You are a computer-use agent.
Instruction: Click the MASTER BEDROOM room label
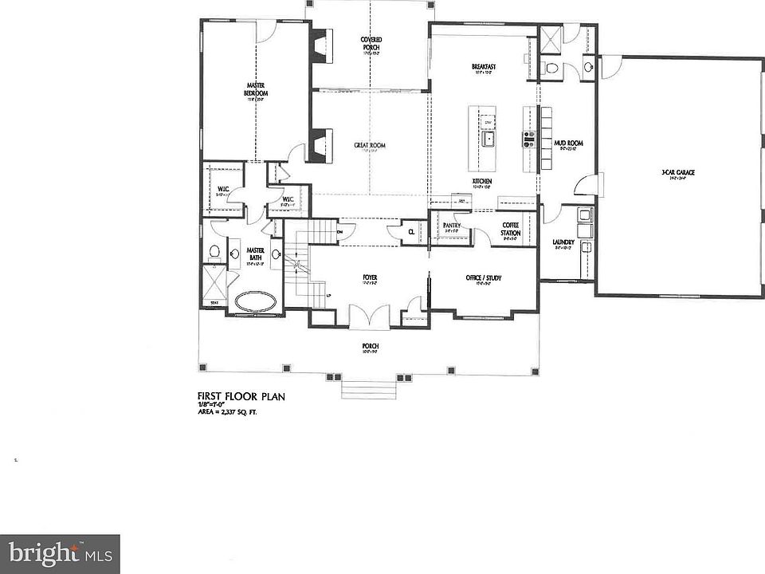[256, 89]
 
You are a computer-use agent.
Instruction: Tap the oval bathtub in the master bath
[253, 302]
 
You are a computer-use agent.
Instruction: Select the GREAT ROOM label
[370, 145]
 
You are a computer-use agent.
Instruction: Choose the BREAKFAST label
[484, 67]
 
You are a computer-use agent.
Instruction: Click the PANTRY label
[452, 226]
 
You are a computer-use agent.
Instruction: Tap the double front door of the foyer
[370, 318]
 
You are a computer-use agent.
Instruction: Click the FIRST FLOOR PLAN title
[241, 395]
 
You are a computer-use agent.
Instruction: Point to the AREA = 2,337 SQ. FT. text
[229, 412]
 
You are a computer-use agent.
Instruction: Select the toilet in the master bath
[214, 254]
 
